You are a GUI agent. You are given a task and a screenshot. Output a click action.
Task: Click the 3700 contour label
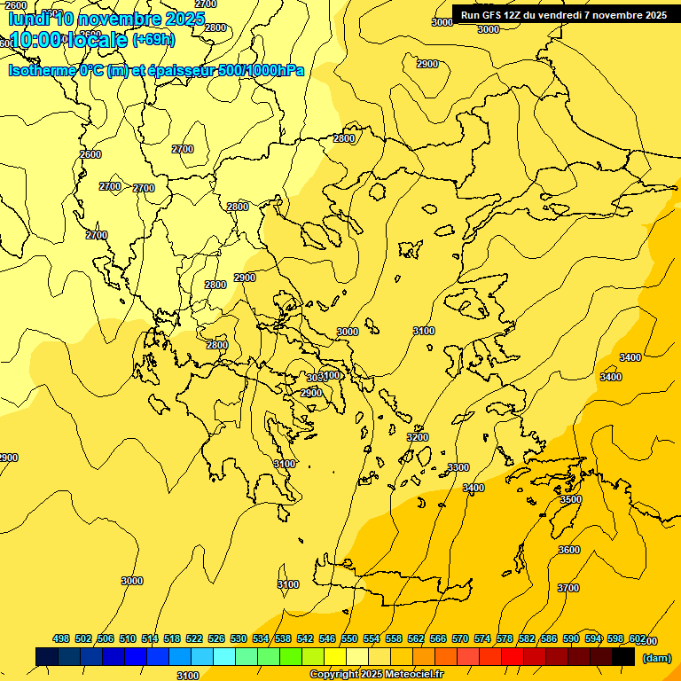[568, 588]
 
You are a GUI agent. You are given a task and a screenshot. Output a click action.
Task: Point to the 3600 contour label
[569, 550]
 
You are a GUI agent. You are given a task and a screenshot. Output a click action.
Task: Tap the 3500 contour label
[570, 500]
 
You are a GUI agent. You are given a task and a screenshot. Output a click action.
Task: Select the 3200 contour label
[418, 437]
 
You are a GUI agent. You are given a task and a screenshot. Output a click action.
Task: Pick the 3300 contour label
[458, 467]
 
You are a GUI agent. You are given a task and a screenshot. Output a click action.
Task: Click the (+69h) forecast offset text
[153, 40]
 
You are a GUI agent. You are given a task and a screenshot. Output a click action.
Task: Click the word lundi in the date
[29, 19]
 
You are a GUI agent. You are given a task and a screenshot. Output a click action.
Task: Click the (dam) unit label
[656, 658]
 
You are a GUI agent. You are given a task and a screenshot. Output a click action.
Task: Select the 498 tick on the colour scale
[61, 638]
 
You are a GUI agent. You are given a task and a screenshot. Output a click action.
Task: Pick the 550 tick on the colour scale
[349, 638]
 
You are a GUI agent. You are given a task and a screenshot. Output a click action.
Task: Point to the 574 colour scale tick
[482, 638]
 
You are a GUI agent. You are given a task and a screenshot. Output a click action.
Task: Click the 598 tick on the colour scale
[615, 638]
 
